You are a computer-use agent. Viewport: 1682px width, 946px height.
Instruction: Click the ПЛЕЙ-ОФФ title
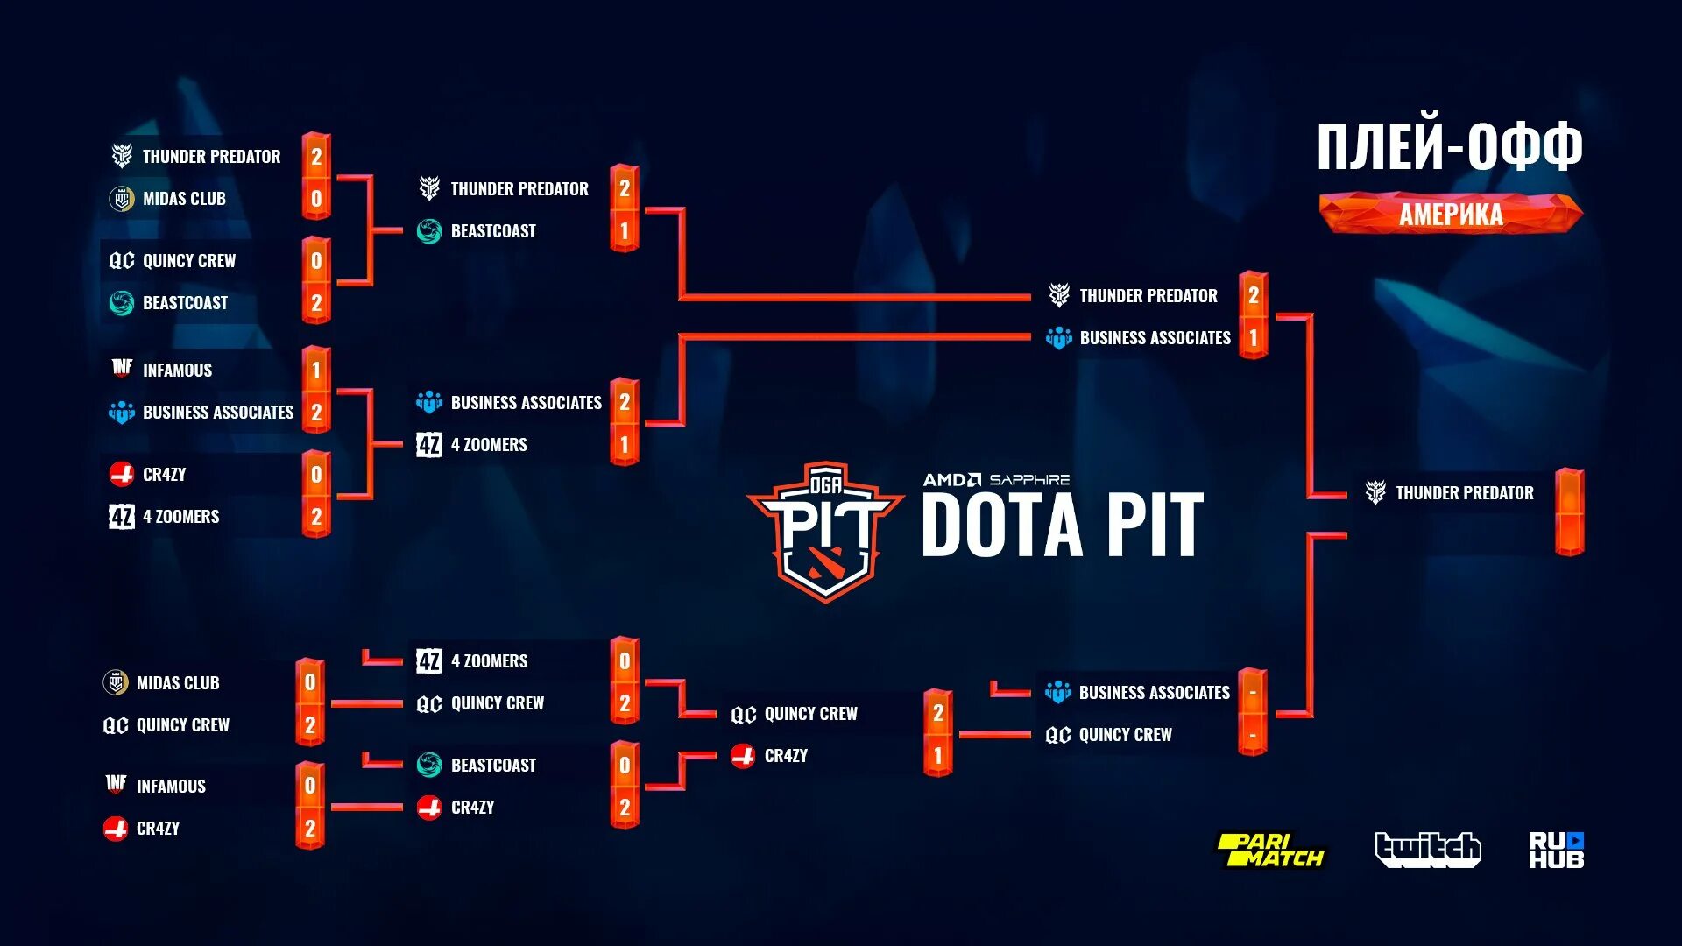coord(1450,146)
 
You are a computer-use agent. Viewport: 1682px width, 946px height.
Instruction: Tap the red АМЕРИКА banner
coord(1451,215)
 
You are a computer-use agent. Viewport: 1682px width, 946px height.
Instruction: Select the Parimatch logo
coord(1269,850)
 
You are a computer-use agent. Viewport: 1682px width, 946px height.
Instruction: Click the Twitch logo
coord(1427,849)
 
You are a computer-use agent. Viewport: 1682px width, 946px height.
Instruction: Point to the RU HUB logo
coord(1556,850)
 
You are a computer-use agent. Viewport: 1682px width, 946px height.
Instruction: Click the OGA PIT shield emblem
coord(825,531)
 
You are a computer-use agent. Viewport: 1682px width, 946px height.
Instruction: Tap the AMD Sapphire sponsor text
coord(996,480)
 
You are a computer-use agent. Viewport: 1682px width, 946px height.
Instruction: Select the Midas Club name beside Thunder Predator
coord(184,199)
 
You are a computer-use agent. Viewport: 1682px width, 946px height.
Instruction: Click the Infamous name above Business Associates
coord(177,371)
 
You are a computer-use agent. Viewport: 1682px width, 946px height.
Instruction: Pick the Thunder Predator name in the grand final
coord(1464,493)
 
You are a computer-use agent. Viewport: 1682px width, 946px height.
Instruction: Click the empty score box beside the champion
coord(1569,512)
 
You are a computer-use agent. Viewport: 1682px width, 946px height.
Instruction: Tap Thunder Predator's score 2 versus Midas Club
coord(316,157)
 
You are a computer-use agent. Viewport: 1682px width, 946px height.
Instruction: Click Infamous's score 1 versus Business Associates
coord(316,370)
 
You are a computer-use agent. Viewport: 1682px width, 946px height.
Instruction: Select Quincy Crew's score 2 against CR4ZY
coord(937,714)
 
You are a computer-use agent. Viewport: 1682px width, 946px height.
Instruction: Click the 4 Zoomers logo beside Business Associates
coord(429,445)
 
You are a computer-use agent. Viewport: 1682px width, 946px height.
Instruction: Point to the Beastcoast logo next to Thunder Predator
coord(429,231)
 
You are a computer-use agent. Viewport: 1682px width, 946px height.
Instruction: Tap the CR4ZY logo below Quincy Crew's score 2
coord(743,756)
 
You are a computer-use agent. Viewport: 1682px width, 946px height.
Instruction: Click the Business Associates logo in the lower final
coord(1058,693)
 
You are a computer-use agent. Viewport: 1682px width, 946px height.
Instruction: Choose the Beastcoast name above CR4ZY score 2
coord(493,766)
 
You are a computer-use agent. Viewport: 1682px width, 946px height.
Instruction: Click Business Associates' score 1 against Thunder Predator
coord(1254,338)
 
